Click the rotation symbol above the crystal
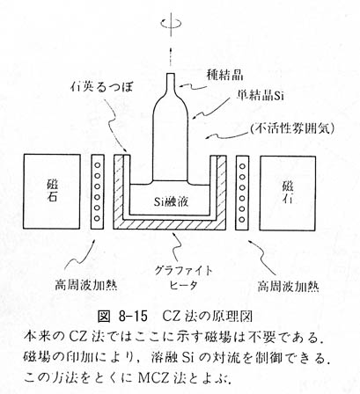171,23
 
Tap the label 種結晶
224,76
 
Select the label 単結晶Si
261,96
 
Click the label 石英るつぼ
101,87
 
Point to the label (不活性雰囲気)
292,128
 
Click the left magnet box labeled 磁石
51,192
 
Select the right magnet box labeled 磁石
288,193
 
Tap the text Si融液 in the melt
172,201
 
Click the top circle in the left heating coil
98,165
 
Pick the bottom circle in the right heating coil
242,220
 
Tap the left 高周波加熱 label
86,284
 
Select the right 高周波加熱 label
289,286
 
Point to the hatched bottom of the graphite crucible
170,224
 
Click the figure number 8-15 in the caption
133,317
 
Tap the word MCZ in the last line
154,378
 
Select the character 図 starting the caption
104,317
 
